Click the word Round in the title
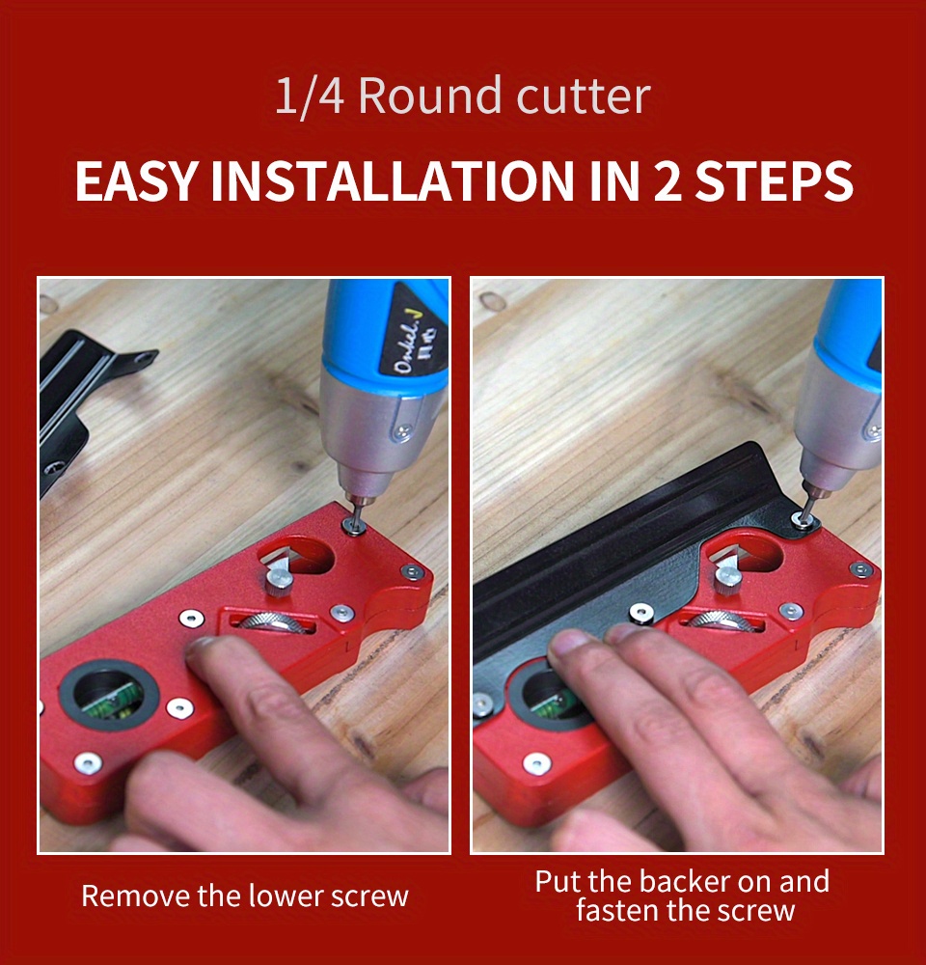coord(429,96)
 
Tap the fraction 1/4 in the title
coord(309,96)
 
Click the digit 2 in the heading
coord(667,181)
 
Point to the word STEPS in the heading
coord(774,181)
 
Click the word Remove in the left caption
coord(136,896)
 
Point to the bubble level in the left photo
coord(109,696)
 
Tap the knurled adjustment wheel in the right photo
coord(722,620)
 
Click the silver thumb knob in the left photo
coord(278,581)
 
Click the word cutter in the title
coord(584,96)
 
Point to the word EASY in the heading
coord(136,181)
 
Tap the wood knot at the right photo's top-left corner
coord(492,301)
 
